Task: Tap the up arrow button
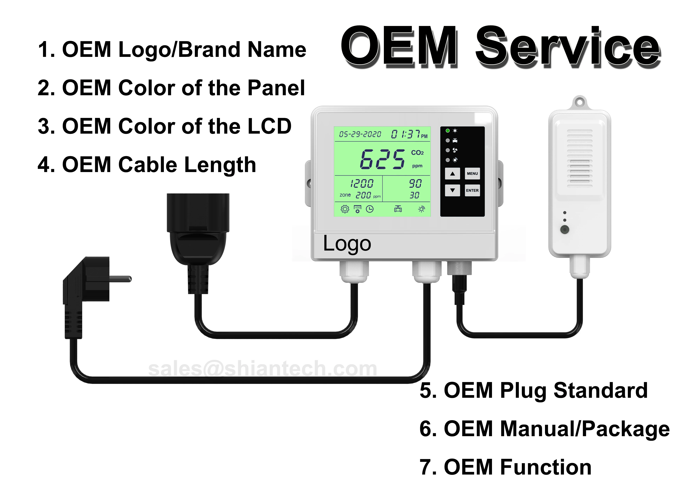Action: point(452,174)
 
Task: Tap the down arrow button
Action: point(452,190)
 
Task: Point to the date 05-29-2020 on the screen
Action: point(360,134)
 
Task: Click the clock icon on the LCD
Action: point(370,209)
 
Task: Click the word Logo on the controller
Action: point(347,244)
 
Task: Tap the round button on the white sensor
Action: point(565,229)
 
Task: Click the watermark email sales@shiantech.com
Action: point(263,369)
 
